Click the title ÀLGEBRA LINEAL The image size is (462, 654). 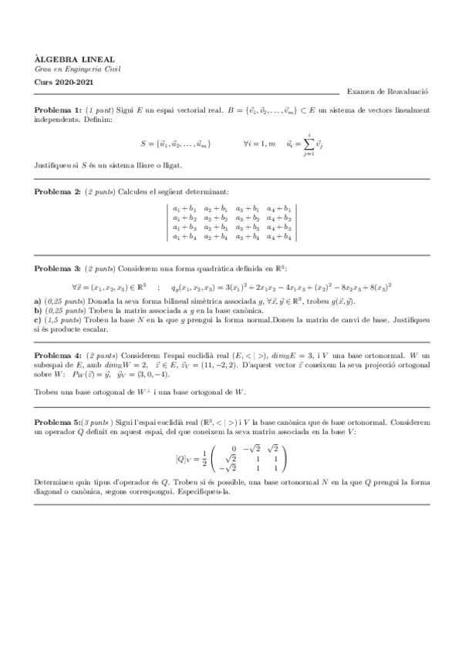point(63,58)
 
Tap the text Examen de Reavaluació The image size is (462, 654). point(387,92)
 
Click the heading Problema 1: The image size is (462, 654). point(57,111)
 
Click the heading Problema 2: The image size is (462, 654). point(57,190)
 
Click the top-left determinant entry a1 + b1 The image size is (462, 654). point(184,208)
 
